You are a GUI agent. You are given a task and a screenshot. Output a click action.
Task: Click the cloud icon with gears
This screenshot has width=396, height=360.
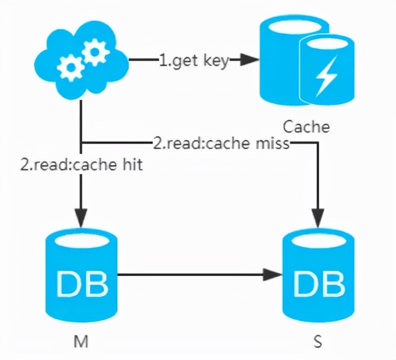[81, 61]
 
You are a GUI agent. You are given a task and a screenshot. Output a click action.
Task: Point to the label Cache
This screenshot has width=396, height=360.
[306, 126]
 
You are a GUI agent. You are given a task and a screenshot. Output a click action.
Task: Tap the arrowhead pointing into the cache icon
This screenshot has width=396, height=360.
[248, 61]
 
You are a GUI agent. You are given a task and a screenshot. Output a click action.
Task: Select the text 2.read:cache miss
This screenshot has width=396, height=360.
[221, 143]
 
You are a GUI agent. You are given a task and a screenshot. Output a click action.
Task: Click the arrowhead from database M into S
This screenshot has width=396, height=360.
[273, 275]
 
